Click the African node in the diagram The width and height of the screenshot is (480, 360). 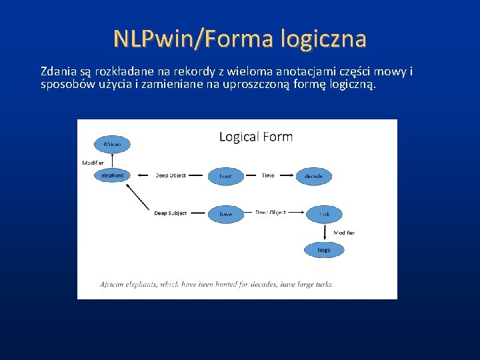(x=113, y=144)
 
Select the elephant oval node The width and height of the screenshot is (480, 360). (x=113, y=175)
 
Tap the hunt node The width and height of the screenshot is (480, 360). (x=225, y=176)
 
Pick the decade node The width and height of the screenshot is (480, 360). (x=313, y=176)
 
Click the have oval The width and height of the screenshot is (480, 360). (x=225, y=213)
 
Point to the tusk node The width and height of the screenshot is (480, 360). (x=324, y=214)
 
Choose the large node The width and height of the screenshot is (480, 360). (x=324, y=250)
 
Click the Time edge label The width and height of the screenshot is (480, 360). (x=267, y=175)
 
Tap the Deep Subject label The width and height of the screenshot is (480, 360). (x=171, y=213)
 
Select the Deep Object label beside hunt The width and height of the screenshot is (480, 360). (x=171, y=175)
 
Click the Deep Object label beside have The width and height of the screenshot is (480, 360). (x=271, y=213)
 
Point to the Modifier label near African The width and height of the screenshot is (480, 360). (x=93, y=163)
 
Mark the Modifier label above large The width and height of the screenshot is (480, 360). (x=344, y=233)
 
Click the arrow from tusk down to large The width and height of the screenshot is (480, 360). (x=325, y=232)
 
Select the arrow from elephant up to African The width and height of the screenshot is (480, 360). (x=113, y=160)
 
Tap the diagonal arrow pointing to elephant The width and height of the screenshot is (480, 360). (x=137, y=197)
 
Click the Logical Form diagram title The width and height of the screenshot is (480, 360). (x=256, y=137)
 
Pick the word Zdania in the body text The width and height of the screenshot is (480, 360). (x=57, y=71)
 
